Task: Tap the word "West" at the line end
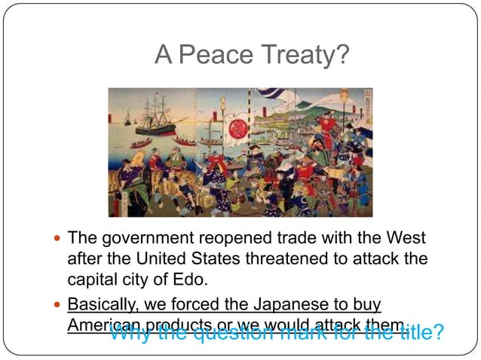click(406, 239)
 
